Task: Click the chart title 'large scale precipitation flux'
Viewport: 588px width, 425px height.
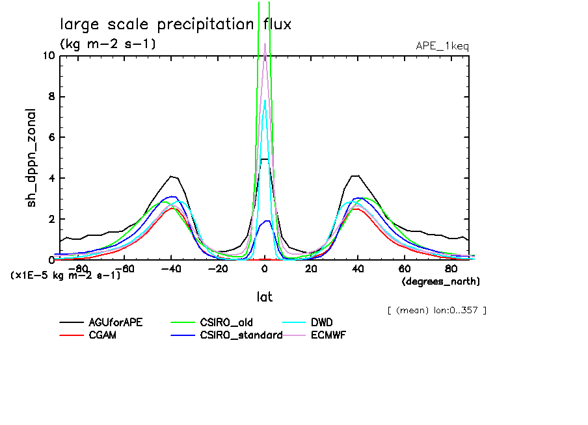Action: tap(176, 25)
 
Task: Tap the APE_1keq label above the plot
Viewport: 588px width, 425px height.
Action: tap(442, 45)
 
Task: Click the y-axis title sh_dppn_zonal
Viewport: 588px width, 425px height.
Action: tap(32, 158)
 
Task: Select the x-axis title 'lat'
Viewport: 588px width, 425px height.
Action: tap(264, 297)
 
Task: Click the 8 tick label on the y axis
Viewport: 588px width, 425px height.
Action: tap(51, 97)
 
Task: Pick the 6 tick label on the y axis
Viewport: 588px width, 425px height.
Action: tap(51, 138)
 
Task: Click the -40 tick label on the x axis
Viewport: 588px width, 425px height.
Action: tap(171, 268)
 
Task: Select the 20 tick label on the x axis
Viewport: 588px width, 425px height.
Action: tap(311, 268)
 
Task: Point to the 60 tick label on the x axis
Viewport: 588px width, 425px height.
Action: tap(404, 268)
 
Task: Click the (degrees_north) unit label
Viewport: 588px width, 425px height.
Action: tap(440, 281)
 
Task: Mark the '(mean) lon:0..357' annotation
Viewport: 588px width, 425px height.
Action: tap(436, 310)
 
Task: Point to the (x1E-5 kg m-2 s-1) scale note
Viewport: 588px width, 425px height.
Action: tap(66, 275)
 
